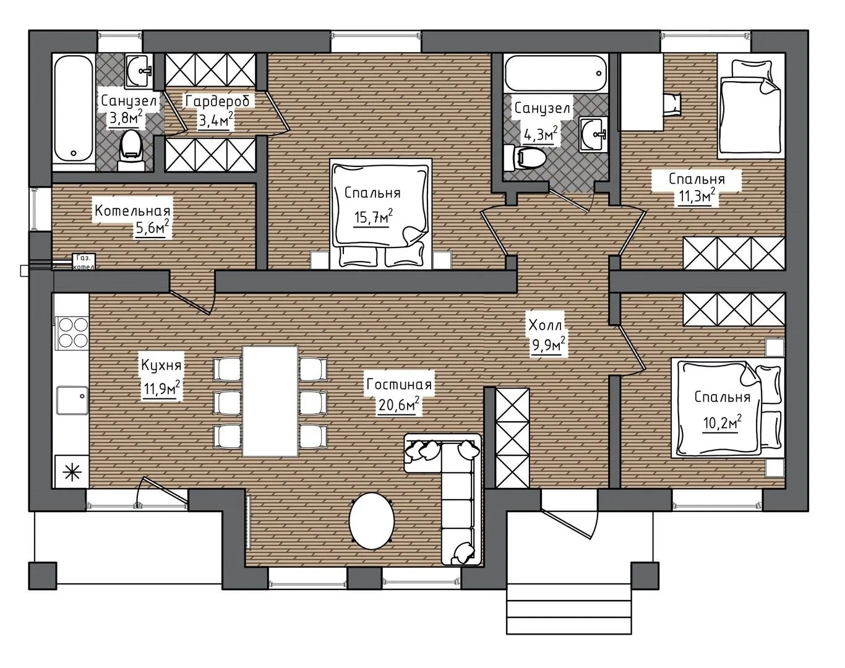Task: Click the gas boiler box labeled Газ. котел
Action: [84, 262]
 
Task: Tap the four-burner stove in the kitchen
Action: [73, 333]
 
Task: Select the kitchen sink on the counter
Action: [72, 400]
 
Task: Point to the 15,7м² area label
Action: [373, 216]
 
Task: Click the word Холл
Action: [545, 325]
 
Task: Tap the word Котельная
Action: [133, 211]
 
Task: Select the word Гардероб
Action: [218, 101]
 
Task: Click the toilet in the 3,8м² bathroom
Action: [131, 150]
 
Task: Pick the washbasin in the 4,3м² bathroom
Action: [593, 135]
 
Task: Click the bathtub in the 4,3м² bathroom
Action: [556, 74]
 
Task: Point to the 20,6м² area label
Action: [399, 404]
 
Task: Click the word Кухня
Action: [161, 366]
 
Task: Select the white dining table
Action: [270, 401]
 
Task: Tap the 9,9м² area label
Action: [549, 346]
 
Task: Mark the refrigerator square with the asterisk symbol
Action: [72, 472]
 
